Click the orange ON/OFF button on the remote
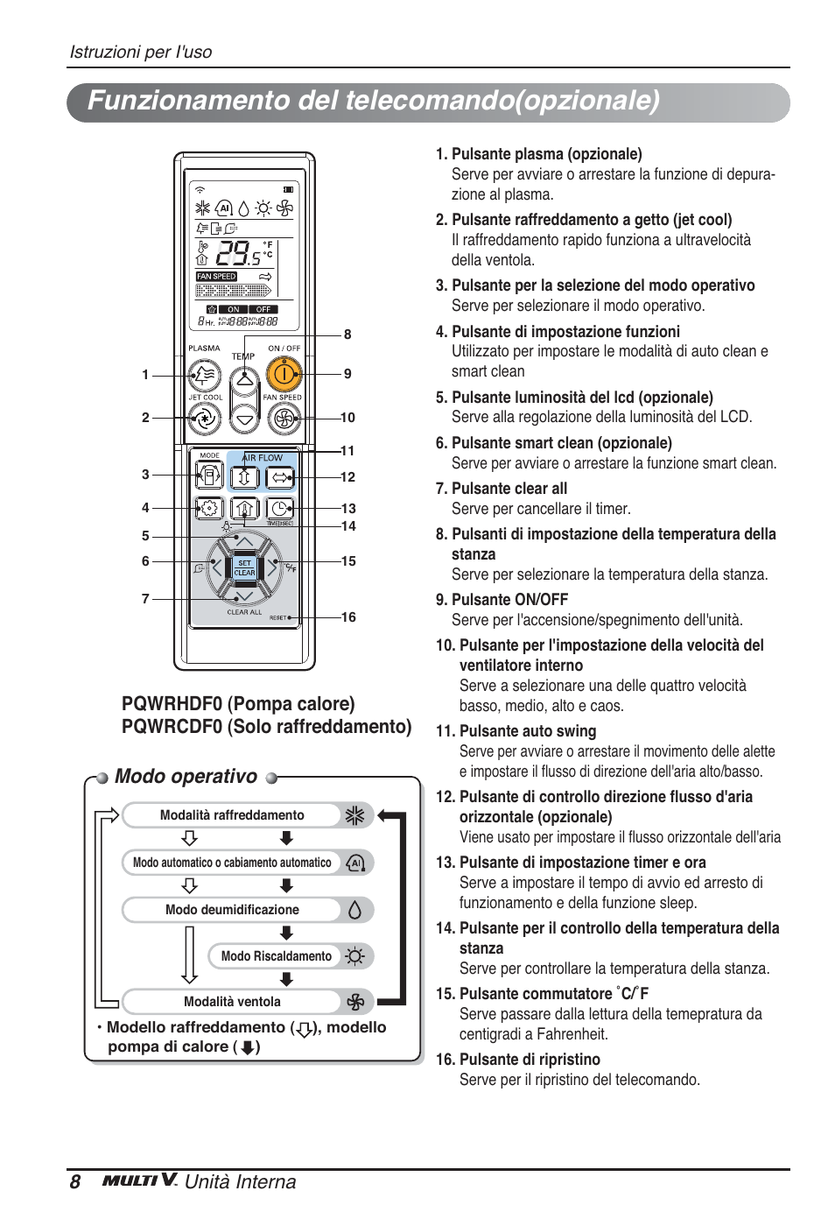(x=284, y=375)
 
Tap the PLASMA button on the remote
(x=205, y=376)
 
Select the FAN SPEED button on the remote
(x=284, y=419)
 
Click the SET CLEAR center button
(x=244, y=568)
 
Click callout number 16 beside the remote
(x=348, y=617)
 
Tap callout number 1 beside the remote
(x=145, y=375)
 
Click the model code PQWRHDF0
(x=172, y=704)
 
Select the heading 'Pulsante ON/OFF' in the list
(x=509, y=600)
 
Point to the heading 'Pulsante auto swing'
(x=527, y=731)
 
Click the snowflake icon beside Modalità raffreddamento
(x=354, y=815)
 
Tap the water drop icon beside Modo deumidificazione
(x=354, y=910)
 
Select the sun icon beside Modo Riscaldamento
(x=354, y=956)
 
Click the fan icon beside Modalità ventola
(x=354, y=1002)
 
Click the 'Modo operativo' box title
(x=186, y=777)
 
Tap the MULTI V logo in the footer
(x=140, y=1180)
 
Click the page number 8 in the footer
(x=75, y=1182)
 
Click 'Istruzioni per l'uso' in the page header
(x=141, y=52)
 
